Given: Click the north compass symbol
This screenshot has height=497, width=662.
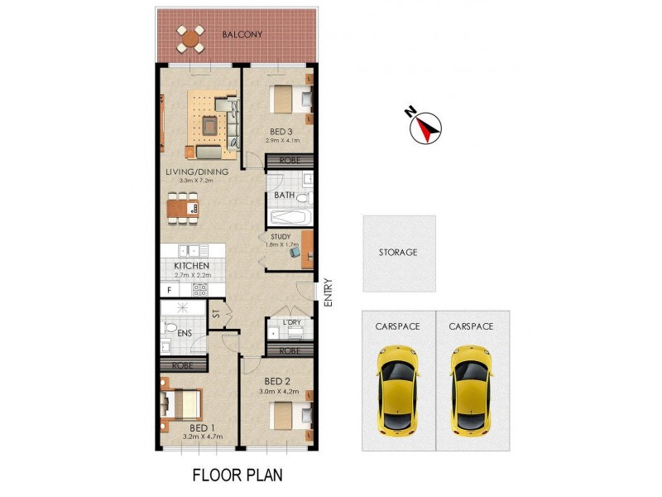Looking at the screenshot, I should [427, 126].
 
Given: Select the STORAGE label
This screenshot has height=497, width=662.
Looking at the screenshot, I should [398, 252].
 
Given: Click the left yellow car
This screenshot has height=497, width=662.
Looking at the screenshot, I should [398, 389].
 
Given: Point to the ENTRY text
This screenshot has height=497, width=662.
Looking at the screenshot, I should [328, 292].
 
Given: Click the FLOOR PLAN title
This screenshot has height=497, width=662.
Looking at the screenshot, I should [237, 475].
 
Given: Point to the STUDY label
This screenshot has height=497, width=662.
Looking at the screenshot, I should [280, 237].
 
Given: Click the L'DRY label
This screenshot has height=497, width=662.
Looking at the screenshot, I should [290, 321].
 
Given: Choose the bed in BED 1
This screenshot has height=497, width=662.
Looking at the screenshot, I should [182, 405].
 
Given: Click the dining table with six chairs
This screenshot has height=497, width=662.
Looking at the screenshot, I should [183, 208].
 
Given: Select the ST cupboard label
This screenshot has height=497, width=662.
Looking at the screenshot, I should [216, 313].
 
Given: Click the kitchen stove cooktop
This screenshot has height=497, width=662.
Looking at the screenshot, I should [199, 290].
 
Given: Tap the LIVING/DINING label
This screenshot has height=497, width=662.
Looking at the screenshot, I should [196, 172].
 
